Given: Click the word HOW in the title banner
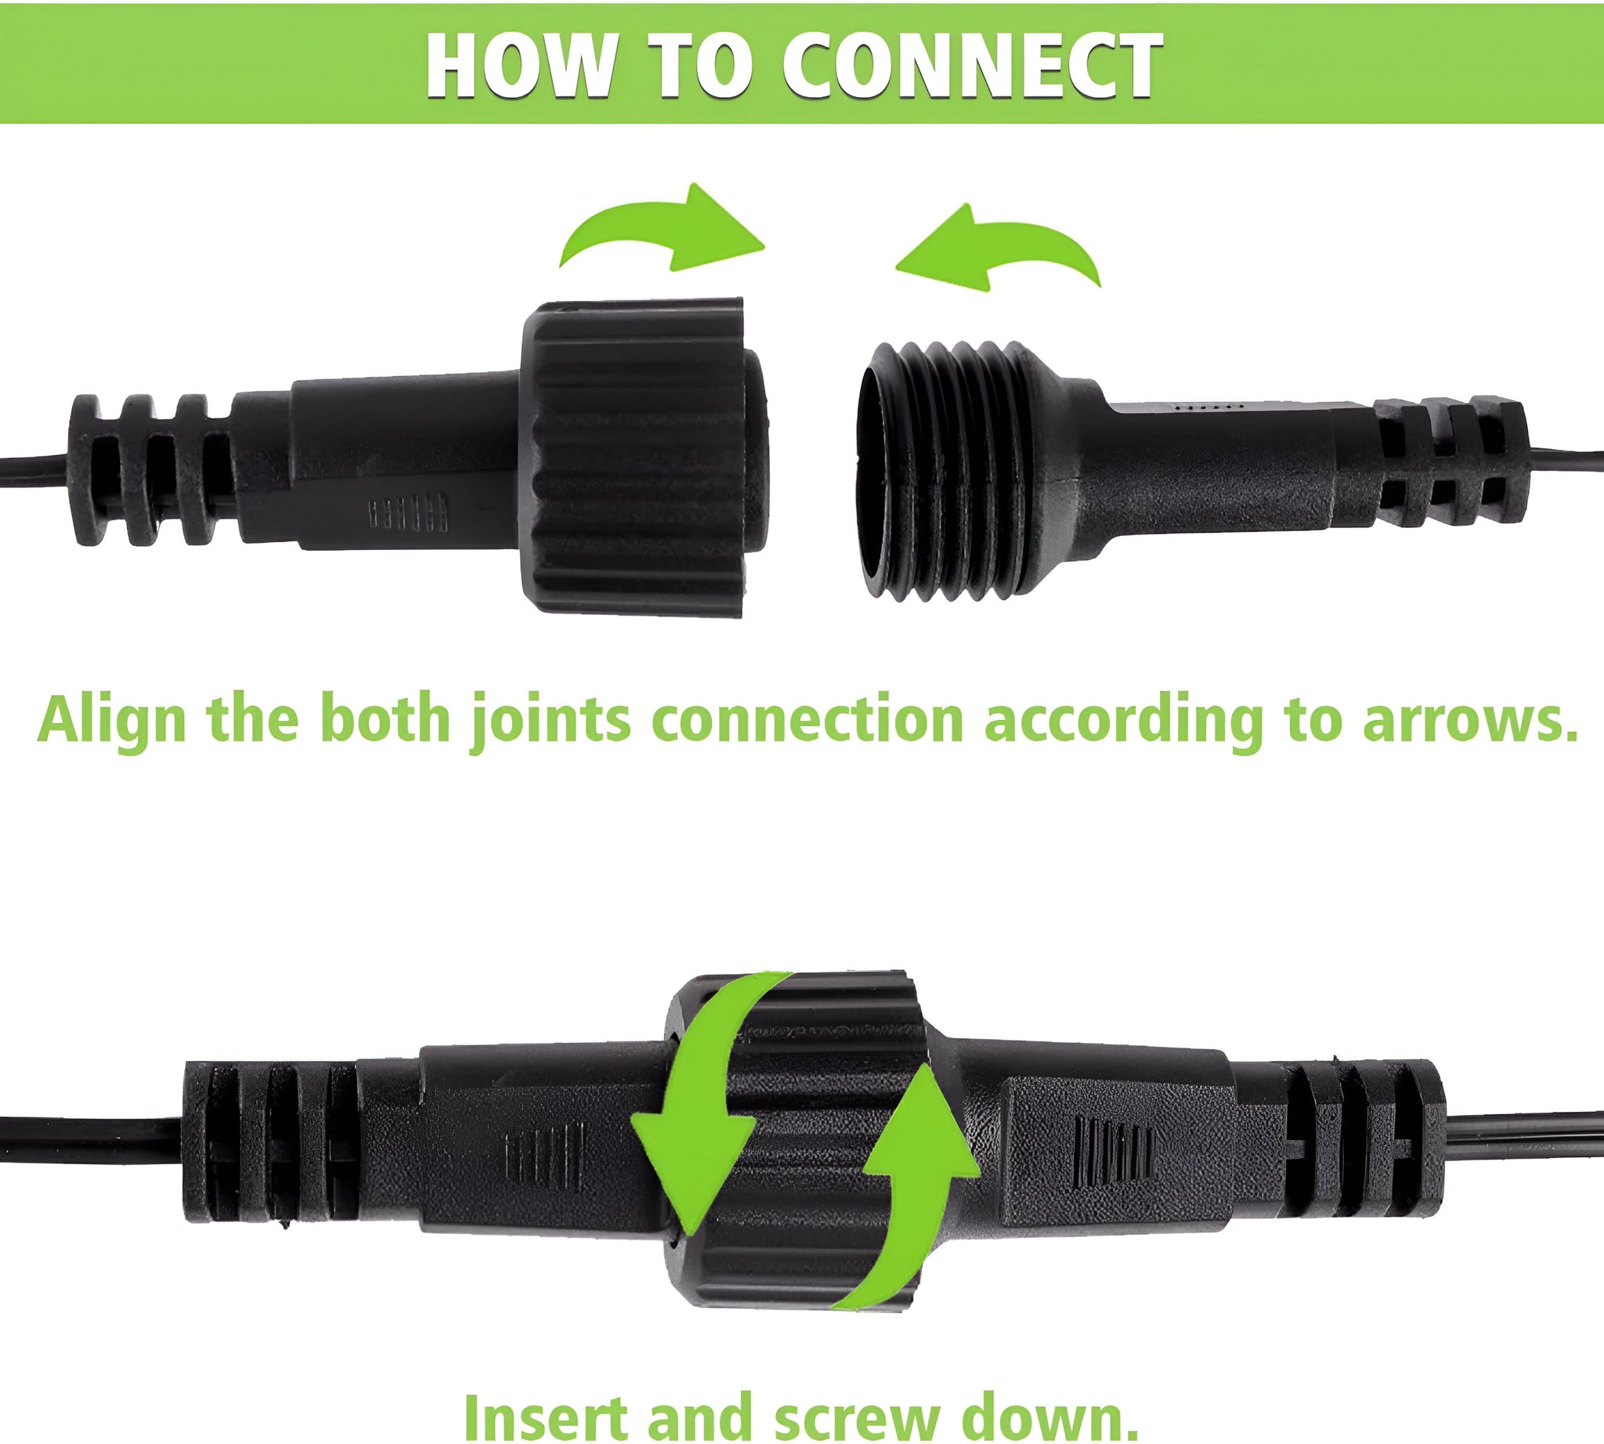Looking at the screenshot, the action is [x=520, y=66].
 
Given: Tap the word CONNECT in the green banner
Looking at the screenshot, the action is [x=973, y=66].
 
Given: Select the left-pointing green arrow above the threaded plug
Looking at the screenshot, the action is [x=998, y=246].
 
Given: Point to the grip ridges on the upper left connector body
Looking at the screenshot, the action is [x=407, y=512].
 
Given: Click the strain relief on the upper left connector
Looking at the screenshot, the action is [x=150, y=469].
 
